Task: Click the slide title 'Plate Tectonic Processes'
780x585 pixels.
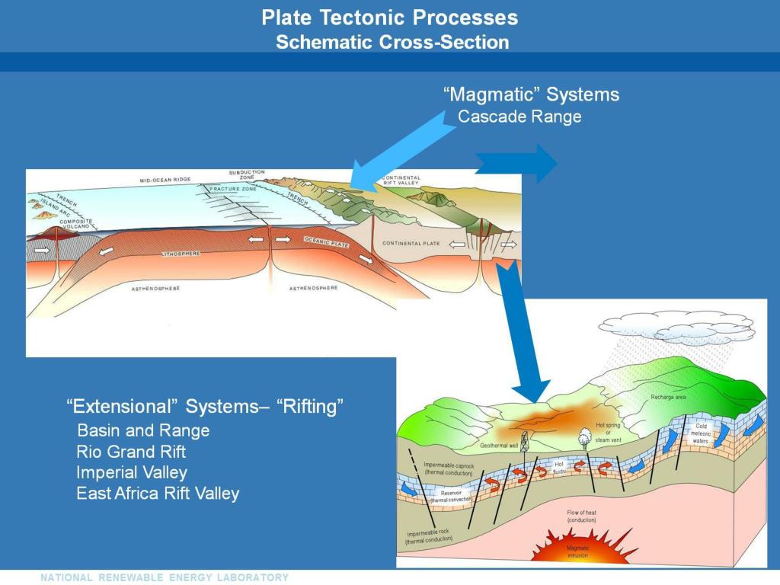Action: click(x=389, y=18)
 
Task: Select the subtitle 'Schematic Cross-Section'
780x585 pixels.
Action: click(x=392, y=42)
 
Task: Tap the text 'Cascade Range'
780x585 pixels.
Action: click(x=519, y=117)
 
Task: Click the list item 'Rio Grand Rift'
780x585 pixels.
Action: click(x=131, y=451)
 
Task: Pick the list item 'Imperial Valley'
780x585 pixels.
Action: click(x=132, y=472)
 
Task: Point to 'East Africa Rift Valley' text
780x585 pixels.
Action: click(x=158, y=494)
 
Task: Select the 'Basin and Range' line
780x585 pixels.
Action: click(x=143, y=430)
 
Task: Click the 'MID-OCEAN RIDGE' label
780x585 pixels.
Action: click(x=165, y=181)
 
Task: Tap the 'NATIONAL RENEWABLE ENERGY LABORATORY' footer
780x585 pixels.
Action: click(x=165, y=577)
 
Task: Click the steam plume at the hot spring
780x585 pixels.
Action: click(x=585, y=435)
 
